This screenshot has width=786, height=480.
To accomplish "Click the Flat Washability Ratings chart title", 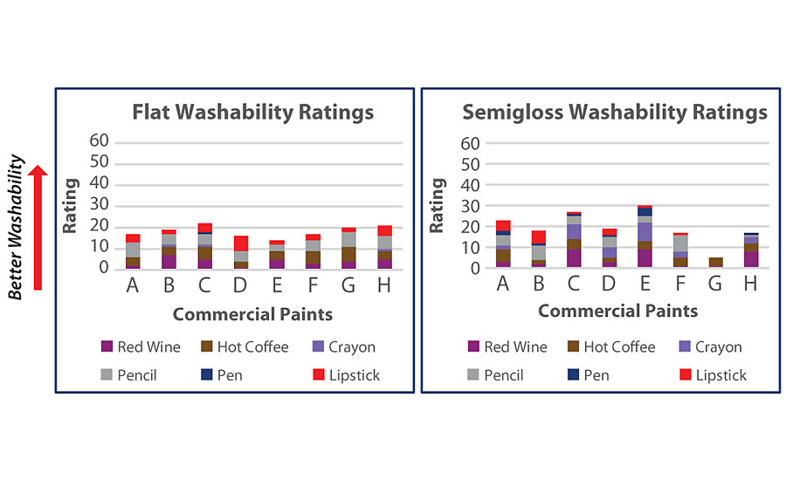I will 252,112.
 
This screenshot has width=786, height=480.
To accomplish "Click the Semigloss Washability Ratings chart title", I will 614,112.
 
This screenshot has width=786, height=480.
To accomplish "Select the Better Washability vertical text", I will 15,227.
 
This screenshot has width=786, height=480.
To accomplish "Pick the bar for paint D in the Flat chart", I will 241,252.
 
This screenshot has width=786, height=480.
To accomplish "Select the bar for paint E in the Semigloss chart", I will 645,237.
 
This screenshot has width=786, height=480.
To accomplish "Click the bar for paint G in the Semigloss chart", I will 714,263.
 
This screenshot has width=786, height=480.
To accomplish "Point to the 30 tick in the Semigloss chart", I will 471,205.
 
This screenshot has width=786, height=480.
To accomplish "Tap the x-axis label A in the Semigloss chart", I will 503,285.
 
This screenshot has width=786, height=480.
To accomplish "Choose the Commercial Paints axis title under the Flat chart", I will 252,312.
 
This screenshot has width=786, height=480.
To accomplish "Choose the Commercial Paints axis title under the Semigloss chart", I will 617,311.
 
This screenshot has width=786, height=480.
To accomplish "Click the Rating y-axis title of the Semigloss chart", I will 437,205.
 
